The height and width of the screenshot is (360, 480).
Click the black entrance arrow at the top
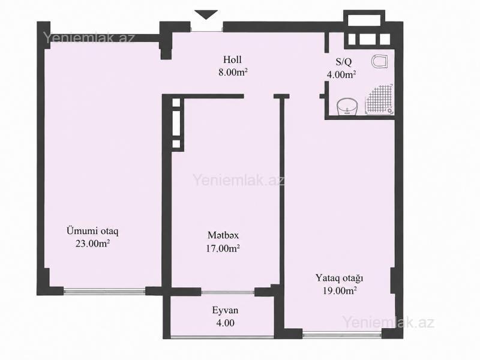[206, 14]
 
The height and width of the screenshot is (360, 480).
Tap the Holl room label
[232, 59]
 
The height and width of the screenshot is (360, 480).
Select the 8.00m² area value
[233, 72]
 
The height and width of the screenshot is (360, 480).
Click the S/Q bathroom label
[344, 62]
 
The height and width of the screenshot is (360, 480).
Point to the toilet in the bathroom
[380, 61]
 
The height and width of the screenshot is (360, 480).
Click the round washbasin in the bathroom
[347, 107]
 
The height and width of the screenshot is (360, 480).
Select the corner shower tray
[379, 100]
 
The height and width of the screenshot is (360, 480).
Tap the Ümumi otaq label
[92, 230]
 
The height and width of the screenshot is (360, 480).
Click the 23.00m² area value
[93, 244]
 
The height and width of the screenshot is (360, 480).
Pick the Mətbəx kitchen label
[223, 235]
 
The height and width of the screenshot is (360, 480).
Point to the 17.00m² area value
[223, 248]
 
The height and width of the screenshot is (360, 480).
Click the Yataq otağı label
[340, 278]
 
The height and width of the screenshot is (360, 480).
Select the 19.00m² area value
[340, 290]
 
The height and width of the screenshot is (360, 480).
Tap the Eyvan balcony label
[225, 310]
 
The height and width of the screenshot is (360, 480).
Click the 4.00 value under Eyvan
[226, 323]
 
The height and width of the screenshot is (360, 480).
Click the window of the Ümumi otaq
[104, 291]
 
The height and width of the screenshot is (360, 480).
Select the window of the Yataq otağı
[342, 334]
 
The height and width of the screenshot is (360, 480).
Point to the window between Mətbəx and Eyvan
[227, 292]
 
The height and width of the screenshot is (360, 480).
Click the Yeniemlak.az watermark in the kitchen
[238, 180]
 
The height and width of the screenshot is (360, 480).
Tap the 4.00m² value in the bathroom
[341, 74]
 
